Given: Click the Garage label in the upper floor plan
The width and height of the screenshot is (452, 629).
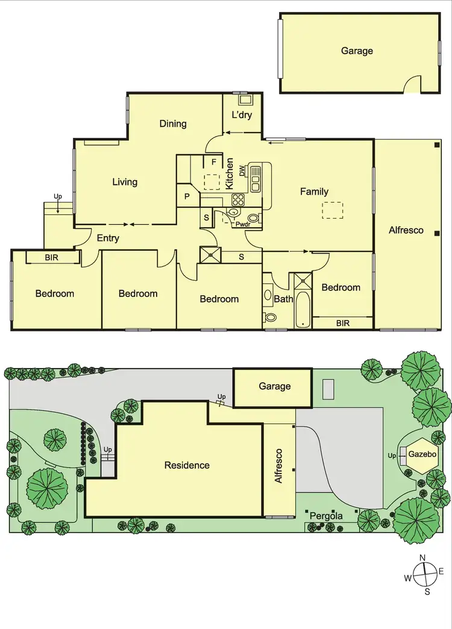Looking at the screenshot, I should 357,51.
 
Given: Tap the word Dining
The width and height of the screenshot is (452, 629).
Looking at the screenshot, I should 173,124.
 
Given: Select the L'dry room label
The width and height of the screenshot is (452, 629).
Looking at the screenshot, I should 242,115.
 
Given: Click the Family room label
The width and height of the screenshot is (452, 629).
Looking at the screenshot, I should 315,192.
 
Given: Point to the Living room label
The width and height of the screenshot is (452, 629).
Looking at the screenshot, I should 125,181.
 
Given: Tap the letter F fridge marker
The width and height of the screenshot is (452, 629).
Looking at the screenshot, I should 213,162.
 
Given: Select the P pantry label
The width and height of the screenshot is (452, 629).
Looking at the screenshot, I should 187,196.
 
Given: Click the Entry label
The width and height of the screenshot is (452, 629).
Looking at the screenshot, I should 108,238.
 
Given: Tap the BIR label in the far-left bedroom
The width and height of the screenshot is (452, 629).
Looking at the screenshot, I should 52,258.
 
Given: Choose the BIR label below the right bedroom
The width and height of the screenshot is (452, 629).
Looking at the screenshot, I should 343,323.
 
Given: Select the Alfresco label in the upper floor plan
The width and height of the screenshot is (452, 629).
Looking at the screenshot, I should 406,230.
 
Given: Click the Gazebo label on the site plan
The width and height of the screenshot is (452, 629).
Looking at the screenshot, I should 422,454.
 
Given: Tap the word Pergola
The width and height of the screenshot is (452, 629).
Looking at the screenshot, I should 326,516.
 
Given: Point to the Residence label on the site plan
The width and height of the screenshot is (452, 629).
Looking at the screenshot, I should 187,465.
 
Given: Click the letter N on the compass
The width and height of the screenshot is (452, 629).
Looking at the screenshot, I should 423,557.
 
